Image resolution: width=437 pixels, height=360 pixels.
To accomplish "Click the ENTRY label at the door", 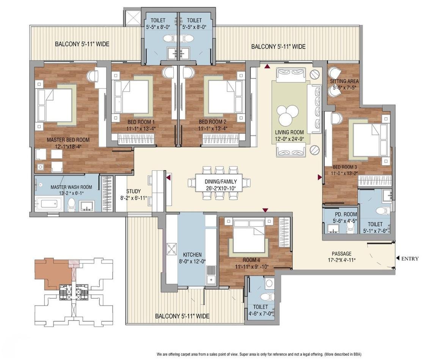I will [x=410, y=259].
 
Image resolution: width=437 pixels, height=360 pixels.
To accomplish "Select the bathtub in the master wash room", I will [x=51, y=204].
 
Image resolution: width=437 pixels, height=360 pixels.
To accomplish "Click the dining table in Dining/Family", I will [x=219, y=183].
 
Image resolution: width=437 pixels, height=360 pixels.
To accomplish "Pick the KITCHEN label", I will [x=192, y=254].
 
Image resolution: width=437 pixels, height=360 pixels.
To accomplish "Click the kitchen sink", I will [x=211, y=275].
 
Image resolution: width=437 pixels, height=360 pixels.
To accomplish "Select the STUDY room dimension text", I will [x=133, y=198].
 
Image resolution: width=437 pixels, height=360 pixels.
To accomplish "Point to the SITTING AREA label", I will [x=344, y=81].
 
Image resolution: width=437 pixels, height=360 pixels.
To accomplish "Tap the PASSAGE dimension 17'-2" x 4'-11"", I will [x=341, y=260].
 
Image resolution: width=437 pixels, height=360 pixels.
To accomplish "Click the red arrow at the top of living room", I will [x=267, y=67].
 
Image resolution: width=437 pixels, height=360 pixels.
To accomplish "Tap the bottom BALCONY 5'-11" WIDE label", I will [x=182, y=316].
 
